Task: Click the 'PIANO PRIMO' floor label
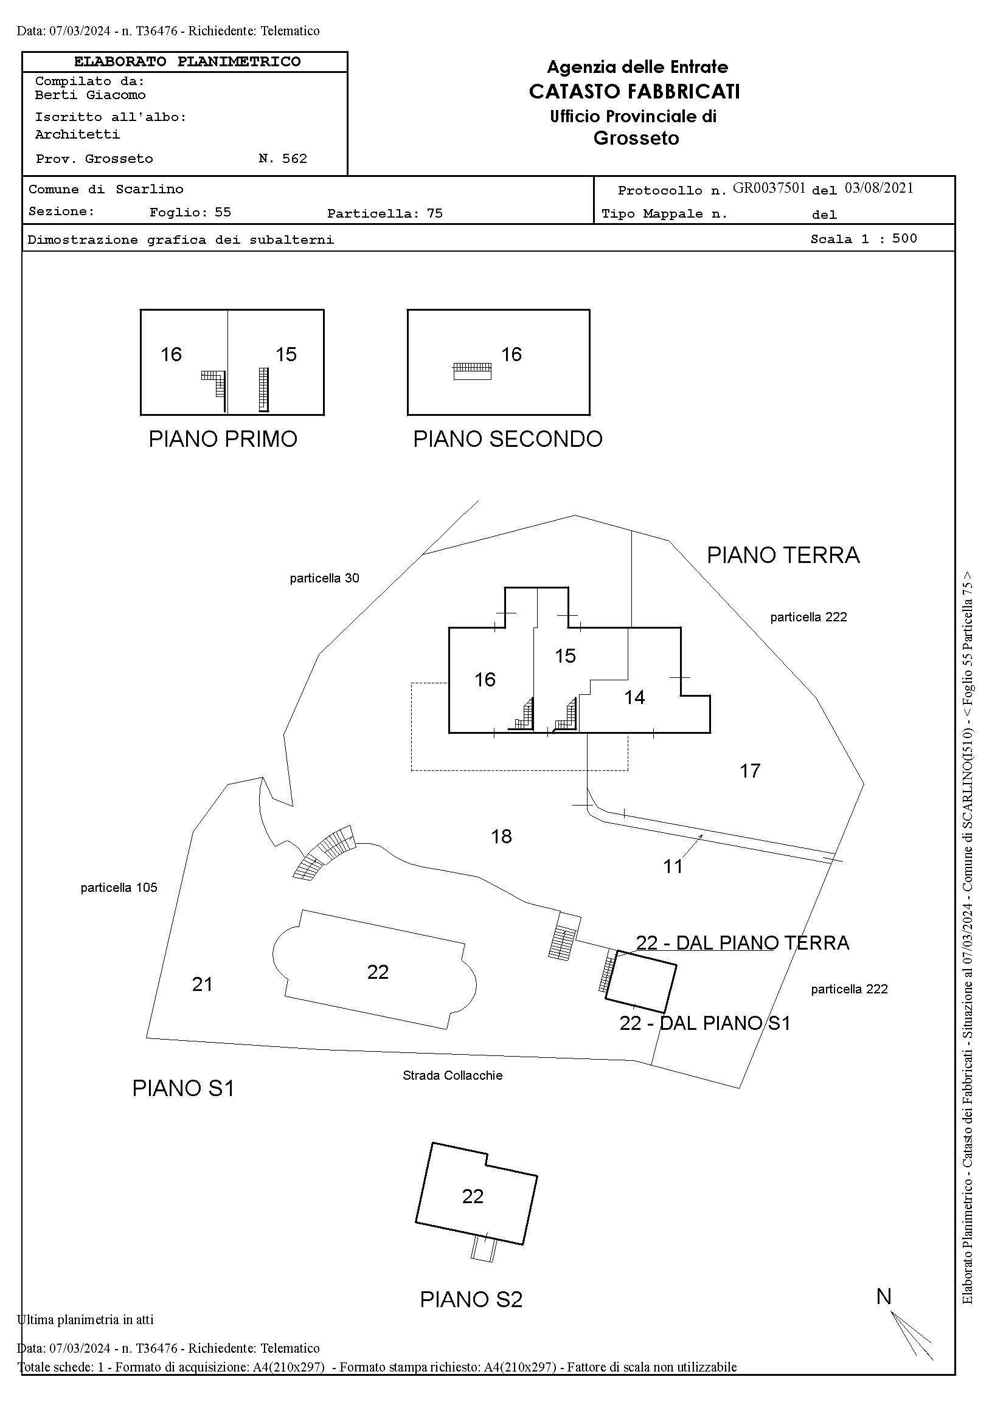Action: (x=223, y=439)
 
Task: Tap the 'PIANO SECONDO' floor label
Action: (x=508, y=439)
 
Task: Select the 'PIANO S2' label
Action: (x=471, y=1299)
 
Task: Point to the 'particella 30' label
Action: (x=325, y=578)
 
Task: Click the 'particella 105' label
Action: (x=119, y=888)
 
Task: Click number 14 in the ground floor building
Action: (x=634, y=697)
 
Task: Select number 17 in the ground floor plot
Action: (x=750, y=771)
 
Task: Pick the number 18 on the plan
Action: (x=501, y=837)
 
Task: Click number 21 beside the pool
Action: (x=203, y=984)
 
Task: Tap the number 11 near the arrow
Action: (x=673, y=866)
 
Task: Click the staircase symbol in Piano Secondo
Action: (x=473, y=371)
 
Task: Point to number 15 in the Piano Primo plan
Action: (x=286, y=354)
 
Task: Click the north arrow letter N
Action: (x=884, y=1297)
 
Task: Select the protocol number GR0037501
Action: (x=769, y=188)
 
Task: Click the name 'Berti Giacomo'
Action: (x=91, y=95)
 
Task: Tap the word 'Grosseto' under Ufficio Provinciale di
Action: (x=636, y=138)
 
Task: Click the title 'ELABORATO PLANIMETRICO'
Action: (x=187, y=62)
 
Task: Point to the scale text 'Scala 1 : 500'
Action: (x=864, y=239)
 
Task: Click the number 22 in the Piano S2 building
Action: (x=473, y=1196)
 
